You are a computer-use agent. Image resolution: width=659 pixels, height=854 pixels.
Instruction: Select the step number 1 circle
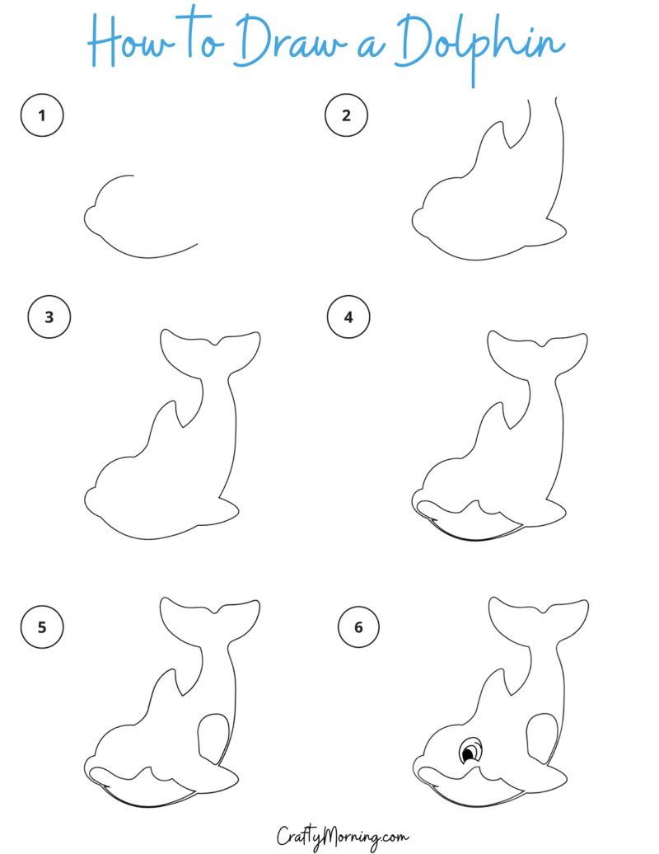tap(42, 115)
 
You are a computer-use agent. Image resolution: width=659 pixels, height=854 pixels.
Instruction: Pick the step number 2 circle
tap(346, 115)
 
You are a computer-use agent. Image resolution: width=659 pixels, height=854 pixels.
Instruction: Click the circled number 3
tap(49, 317)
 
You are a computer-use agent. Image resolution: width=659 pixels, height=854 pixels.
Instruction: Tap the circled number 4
tap(348, 317)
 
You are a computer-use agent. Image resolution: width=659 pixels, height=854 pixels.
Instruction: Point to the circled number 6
tap(358, 627)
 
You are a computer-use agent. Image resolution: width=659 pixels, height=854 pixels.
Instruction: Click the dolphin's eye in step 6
tap(470, 752)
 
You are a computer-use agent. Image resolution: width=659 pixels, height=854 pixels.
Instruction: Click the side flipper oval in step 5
tap(213, 735)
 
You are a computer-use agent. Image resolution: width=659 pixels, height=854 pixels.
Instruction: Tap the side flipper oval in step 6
tap(542, 735)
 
